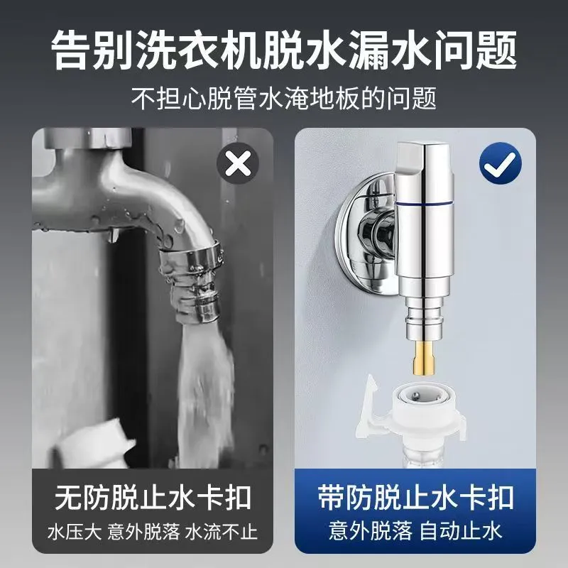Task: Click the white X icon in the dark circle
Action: tap(238, 164)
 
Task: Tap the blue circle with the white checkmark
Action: tap(501, 163)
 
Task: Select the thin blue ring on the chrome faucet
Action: tap(424, 205)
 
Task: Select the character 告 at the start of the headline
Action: tap(70, 50)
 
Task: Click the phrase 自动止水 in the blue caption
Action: tap(460, 531)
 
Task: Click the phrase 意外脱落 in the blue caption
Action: tap(371, 531)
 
